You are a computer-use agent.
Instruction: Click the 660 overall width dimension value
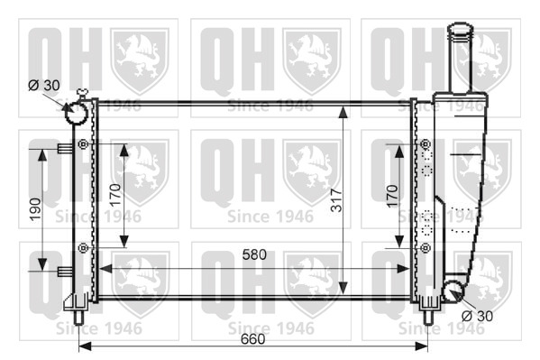click(x=253, y=339)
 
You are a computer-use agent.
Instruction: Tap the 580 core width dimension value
click(x=254, y=254)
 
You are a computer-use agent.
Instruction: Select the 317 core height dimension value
click(x=336, y=200)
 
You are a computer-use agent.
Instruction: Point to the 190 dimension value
click(x=35, y=209)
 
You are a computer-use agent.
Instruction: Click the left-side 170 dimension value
click(x=115, y=195)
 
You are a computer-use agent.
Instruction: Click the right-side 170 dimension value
click(x=392, y=196)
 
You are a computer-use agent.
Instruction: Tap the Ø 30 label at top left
click(x=44, y=85)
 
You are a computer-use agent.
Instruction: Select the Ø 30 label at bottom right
click(x=477, y=316)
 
